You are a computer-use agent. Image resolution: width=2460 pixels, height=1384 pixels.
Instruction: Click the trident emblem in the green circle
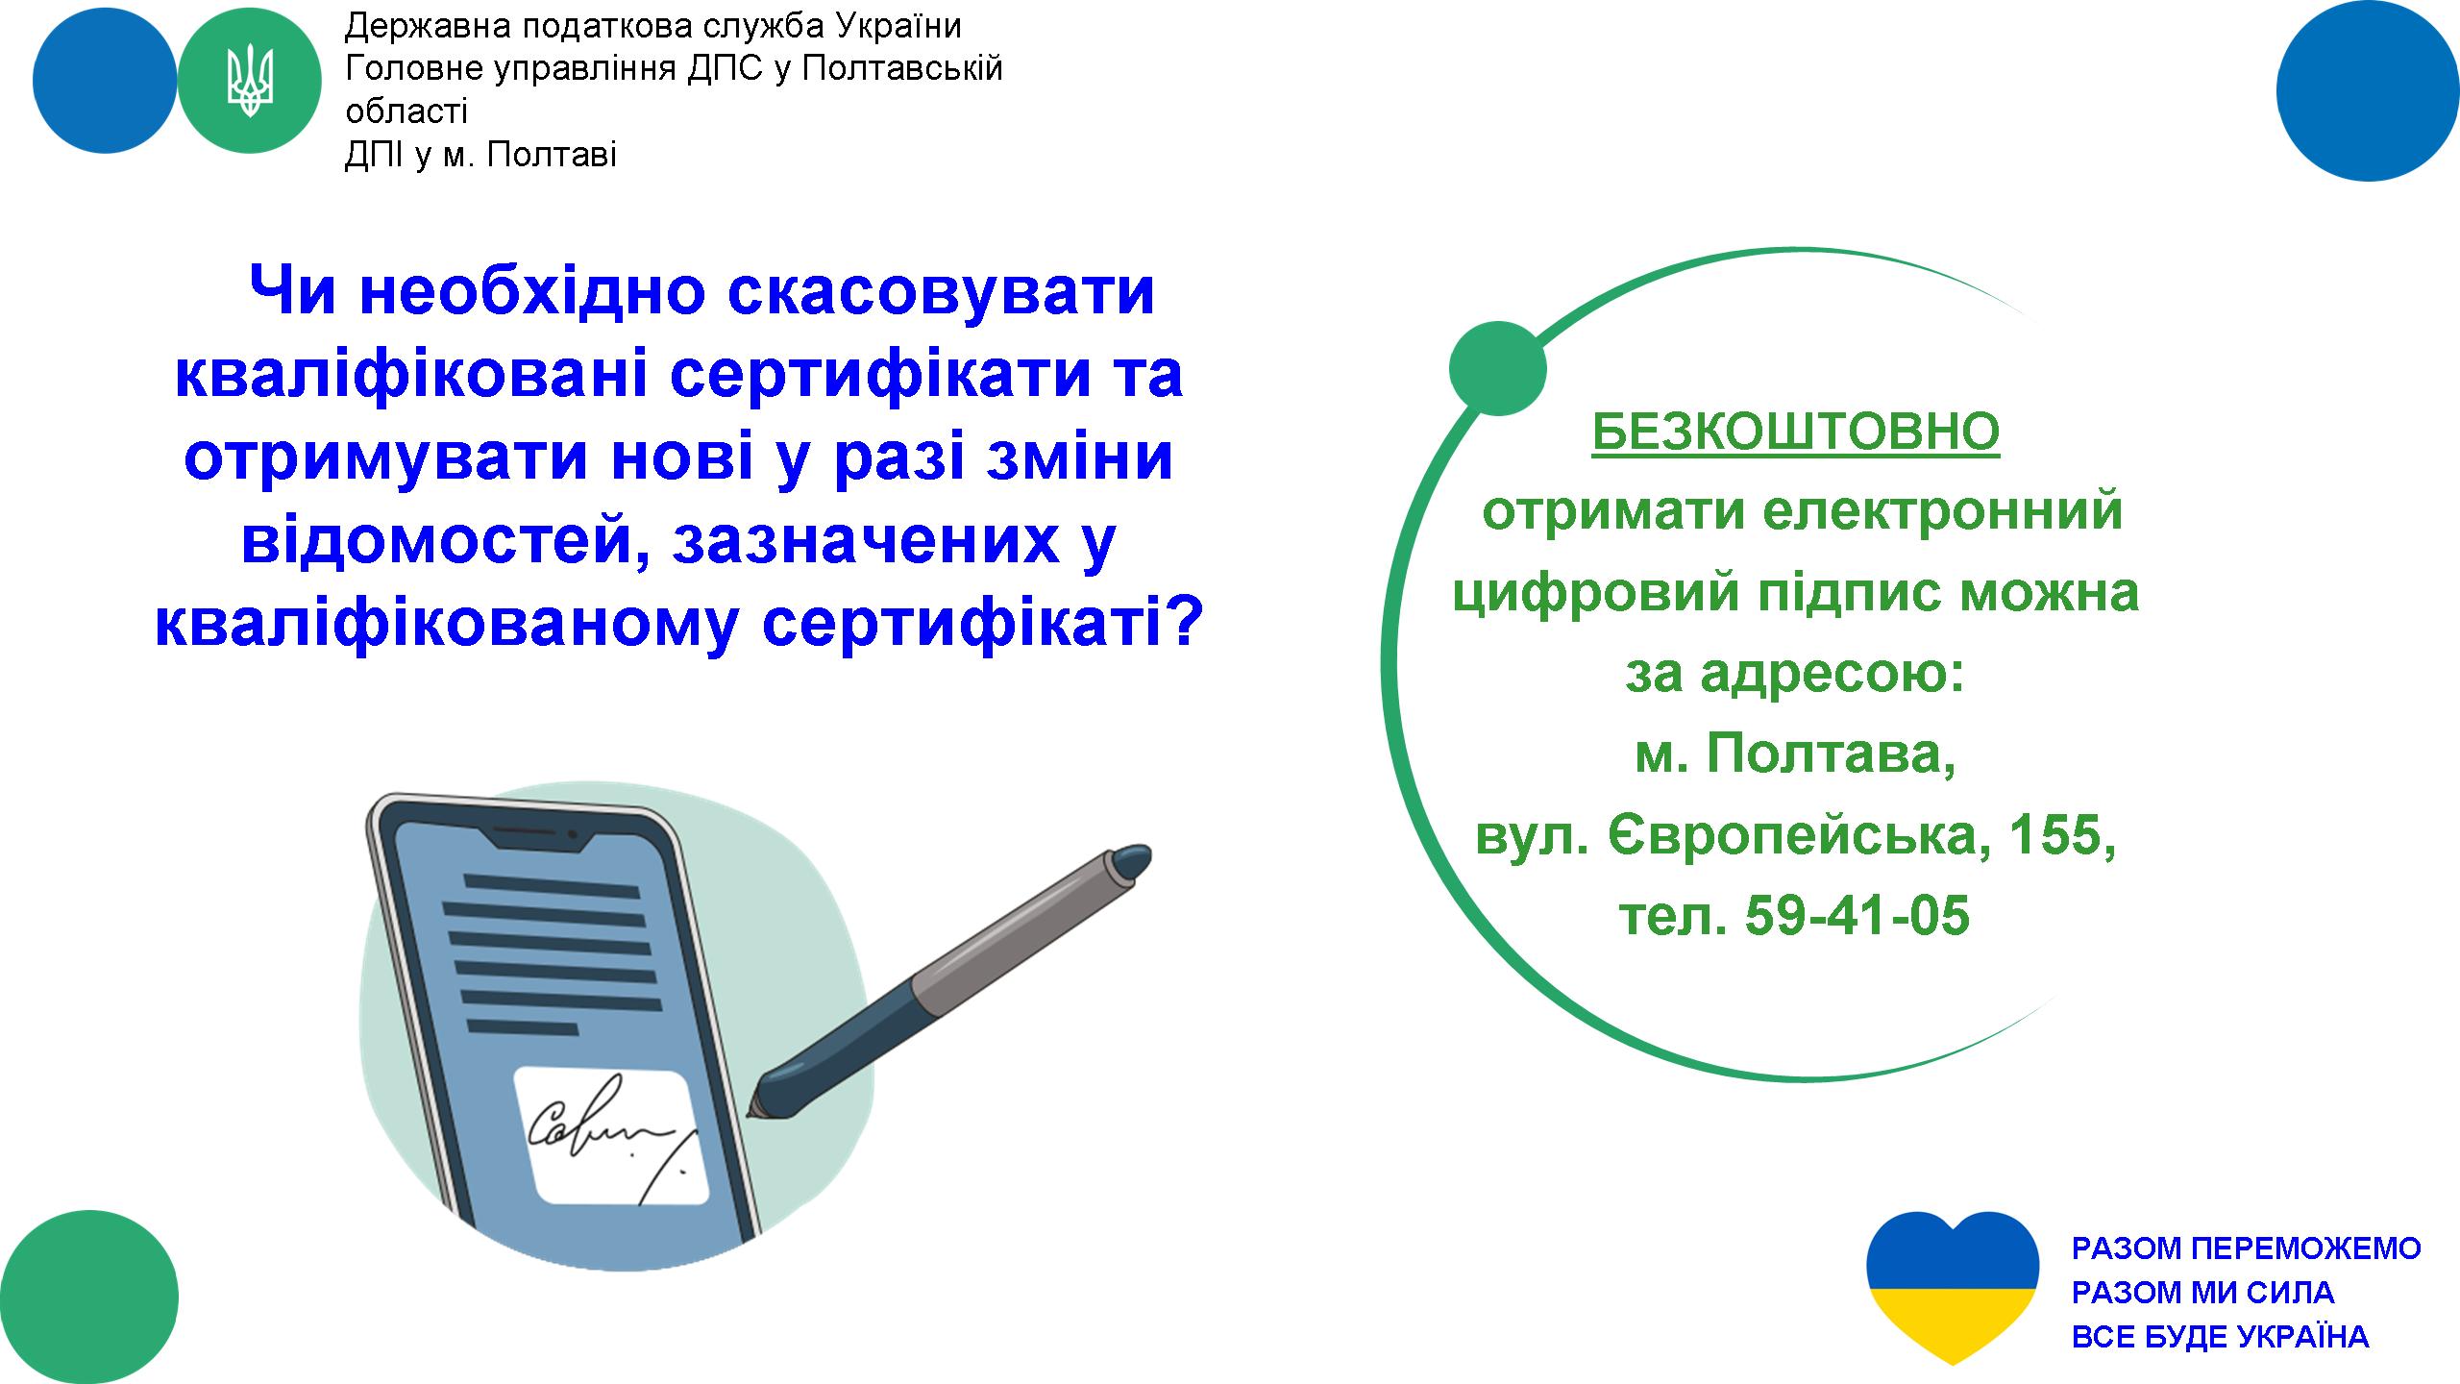coord(249,83)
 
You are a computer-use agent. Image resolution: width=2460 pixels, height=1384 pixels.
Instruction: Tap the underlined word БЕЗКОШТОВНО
coord(1796,432)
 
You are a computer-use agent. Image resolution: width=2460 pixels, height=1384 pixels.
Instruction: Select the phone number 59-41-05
coord(1857,914)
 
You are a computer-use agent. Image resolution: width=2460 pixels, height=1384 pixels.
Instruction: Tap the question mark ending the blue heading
coord(1184,621)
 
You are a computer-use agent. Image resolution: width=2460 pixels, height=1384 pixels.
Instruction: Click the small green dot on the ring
coord(1497,368)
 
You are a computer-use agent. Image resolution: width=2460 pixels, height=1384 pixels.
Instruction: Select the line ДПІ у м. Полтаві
coord(480,155)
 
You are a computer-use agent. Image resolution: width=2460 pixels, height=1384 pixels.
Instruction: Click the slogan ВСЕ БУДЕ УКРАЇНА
coord(2220,1336)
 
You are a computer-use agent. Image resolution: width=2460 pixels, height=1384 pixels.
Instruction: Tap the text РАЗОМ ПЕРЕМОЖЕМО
coord(2246,1248)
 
